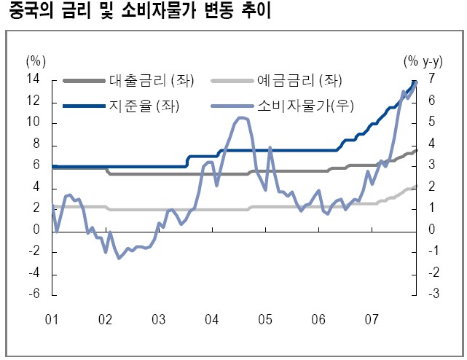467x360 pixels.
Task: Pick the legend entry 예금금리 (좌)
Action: pyautogui.click(x=299, y=80)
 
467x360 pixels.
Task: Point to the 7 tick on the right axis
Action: pyautogui.click(x=432, y=79)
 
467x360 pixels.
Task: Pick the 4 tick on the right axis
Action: pyautogui.click(x=432, y=144)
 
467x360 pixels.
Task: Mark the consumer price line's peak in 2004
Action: pyautogui.click(x=242, y=117)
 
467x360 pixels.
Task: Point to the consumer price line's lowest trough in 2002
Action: pyautogui.click(x=119, y=258)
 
